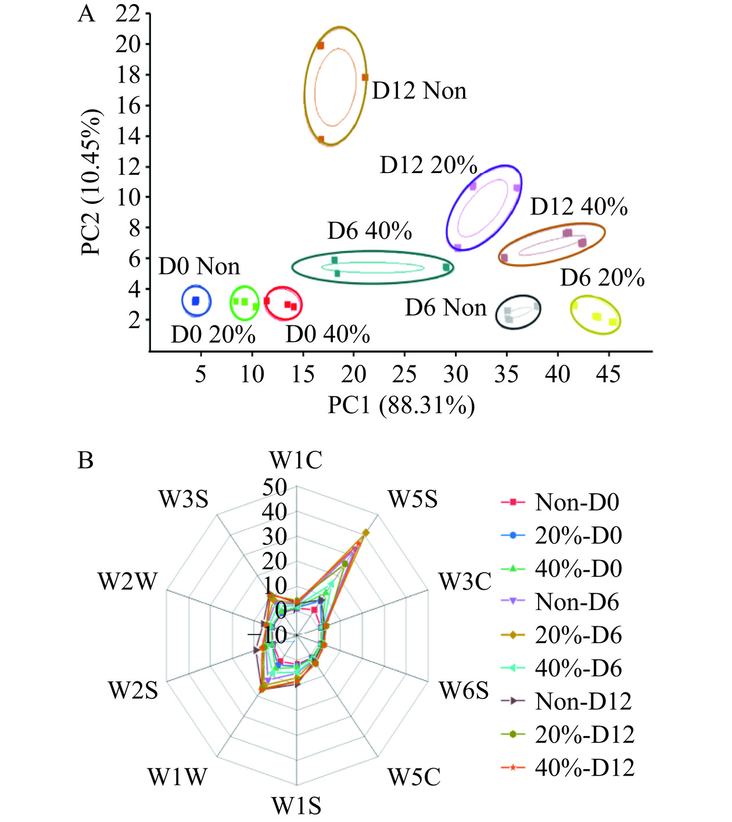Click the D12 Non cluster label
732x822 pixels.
coord(419,91)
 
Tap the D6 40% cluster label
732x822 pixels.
coord(369,231)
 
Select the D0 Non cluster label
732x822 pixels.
coord(199,267)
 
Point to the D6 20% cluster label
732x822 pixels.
coord(602,278)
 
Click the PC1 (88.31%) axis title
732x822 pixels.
coord(401,405)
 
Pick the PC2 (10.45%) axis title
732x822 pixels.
coord(91,182)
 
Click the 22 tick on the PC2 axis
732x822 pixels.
coord(128,14)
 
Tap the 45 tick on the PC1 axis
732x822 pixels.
coord(608,375)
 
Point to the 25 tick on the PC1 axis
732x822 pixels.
coord(404,375)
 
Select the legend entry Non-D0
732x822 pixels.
coord(577,502)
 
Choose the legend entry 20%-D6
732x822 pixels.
coord(578,635)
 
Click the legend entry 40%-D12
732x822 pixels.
coord(584,768)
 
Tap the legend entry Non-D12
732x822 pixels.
coord(583,702)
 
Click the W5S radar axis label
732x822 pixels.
coord(412,499)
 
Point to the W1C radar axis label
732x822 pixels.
coord(296,461)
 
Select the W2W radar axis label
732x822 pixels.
coord(127,581)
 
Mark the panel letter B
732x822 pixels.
coord(85,461)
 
